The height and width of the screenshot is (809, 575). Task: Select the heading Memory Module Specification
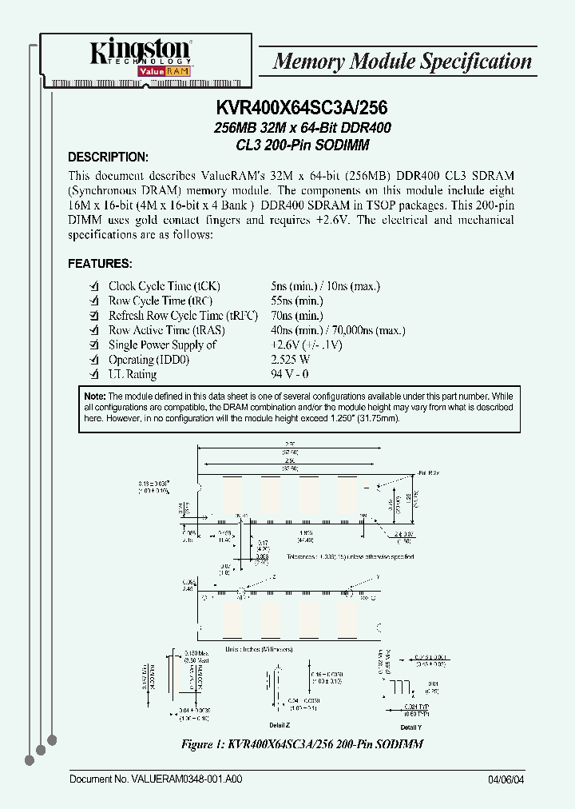pos(402,62)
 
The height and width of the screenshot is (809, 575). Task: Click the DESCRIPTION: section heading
pos(108,157)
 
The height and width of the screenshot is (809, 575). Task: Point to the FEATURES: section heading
pos(100,263)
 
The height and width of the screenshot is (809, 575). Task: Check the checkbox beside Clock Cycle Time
pos(93,286)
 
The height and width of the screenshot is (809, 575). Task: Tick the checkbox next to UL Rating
pos(93,375)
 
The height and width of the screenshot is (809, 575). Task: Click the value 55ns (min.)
pos(297,301)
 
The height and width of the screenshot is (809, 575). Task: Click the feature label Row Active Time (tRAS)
pos(166,330)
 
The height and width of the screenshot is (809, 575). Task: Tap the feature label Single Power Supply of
pos(162,345)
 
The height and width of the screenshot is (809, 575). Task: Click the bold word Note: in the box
pos(95,397)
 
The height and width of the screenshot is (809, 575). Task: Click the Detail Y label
pos(410,727)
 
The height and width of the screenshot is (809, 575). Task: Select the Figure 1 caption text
pos(301,744)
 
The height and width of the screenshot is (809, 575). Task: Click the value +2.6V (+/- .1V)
pos(307,345)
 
